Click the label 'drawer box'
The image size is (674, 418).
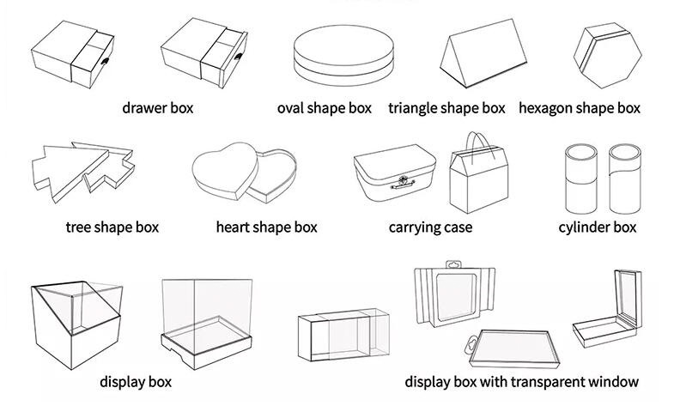(x=158, y=108)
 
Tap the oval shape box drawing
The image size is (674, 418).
(x=343, y=56)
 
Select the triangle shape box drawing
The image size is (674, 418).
(x=483, y=53)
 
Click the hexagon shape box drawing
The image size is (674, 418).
(x=607, y=56)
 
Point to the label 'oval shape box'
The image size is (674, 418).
(x=324, y=108)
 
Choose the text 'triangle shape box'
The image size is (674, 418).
(x=446, y=108)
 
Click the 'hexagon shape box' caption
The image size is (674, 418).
(x=580, y=108)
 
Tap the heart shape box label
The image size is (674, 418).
(x=266, y=227)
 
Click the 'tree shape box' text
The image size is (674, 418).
(x=112, y=227)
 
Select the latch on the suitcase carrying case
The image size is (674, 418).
(x=403, y=182)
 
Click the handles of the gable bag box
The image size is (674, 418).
(x=478, y=144)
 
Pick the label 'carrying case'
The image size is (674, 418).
(x=430, y=227)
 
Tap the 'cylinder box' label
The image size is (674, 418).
(x=598, y=227)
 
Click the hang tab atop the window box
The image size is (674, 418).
(x=453, y=264)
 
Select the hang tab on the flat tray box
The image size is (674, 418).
(x=471, y=344)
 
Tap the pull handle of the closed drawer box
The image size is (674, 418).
(x=105, y=61)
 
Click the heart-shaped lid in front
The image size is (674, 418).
(x=225, y=171)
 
